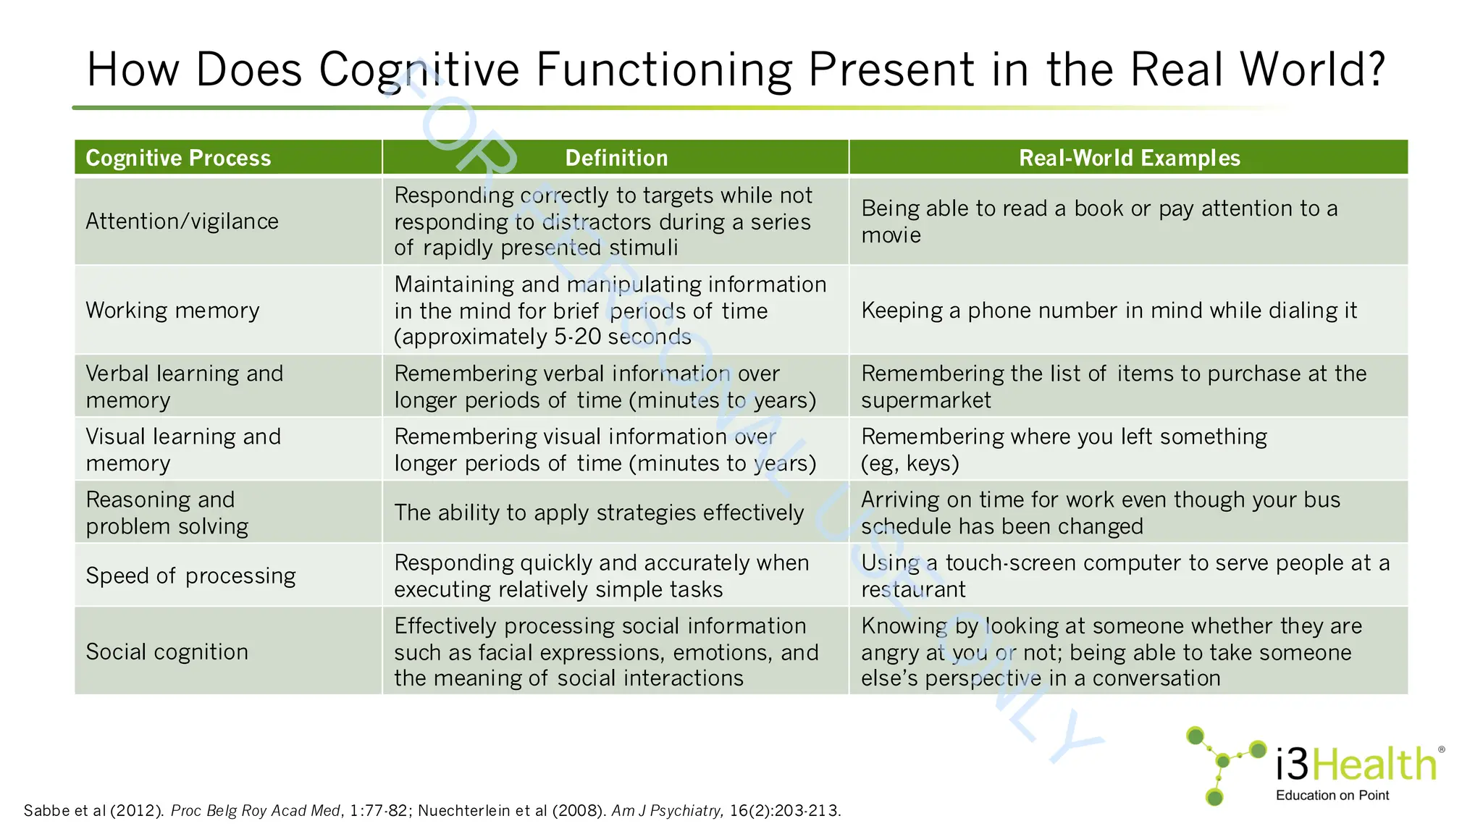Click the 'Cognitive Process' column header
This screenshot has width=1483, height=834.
click(178, 158)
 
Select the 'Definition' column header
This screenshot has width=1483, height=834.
click(616, 158)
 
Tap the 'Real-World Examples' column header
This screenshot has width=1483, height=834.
click(1129, 158)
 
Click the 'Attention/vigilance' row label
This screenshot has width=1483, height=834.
click(182, 222)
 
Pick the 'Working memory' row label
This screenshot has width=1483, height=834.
click(172, 311)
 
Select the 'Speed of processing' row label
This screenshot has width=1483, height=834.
click(190, 576)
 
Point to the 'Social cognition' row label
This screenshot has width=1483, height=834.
click(167, 652)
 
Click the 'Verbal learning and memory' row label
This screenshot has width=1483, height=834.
click(184, 387)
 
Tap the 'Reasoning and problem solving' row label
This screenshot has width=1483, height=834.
click(167, 513)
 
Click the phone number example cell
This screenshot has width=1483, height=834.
click(1109, 311)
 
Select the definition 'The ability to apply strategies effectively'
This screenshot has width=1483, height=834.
click(599, 513)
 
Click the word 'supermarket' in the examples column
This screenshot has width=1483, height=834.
click(926, 400)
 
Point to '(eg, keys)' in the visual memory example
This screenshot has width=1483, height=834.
click(909, 463)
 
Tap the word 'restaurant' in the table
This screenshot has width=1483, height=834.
click(913, 589)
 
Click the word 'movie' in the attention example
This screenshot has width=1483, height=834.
click(891, 235)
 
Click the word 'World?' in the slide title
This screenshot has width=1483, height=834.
click(1312, 69)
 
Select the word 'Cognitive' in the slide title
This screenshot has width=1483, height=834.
click(419, 69)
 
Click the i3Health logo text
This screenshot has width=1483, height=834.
click(1356, 764)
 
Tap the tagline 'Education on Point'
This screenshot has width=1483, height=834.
click(1332, 796)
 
